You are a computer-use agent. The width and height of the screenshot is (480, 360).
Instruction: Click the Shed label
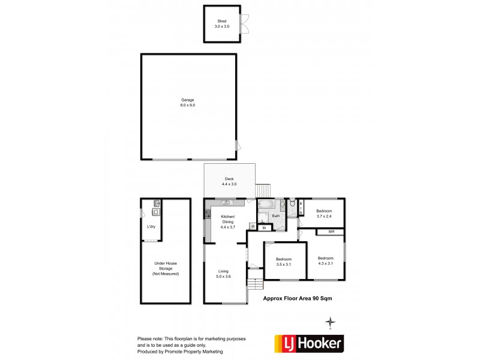pos(222,24)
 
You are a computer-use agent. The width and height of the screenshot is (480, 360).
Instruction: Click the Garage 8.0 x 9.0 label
pos(188,103)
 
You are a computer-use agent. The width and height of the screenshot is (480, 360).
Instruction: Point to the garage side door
pos(238,145)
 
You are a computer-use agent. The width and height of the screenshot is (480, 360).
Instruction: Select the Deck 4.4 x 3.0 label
pos(229,181)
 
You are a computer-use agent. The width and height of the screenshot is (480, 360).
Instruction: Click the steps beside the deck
pos(263,190)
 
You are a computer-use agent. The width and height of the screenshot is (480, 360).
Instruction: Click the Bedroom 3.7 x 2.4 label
pos(324,213)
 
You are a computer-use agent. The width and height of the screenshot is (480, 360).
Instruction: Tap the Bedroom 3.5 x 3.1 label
pos(284,262)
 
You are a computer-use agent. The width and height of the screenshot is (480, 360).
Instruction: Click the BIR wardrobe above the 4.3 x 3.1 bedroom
pos(331,232)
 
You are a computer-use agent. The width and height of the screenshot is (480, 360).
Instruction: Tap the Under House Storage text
pos(166,269)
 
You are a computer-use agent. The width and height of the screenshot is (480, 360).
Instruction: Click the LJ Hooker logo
pos(309,343)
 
